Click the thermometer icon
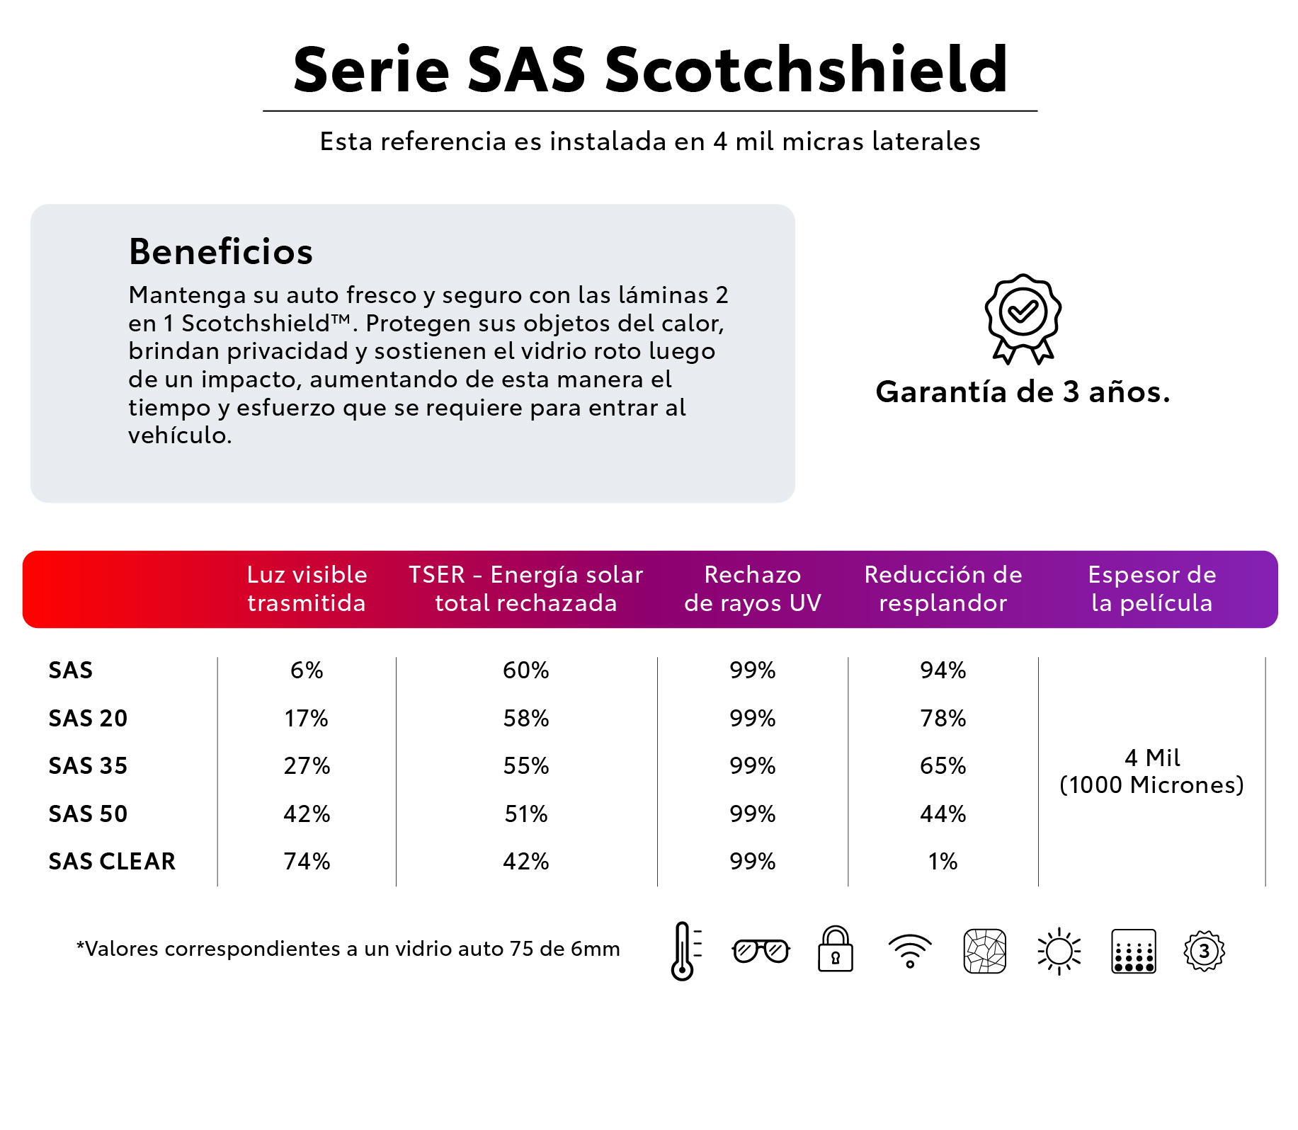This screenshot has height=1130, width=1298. (683, 950)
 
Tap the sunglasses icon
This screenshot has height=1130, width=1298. (761, 950)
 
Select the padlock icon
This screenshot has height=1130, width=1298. (836, 950)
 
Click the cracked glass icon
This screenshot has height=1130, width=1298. (985, 951)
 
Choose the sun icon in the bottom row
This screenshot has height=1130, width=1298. (1059, 951)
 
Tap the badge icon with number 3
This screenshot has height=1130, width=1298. (1204, 951)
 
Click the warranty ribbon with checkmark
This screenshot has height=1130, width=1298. (1023, 318)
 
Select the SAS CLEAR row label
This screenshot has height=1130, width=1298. (112, 861)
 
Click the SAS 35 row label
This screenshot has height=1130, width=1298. (88, 765)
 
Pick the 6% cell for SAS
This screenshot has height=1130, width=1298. (307, 670)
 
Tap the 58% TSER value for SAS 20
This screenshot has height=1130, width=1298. (526, 718)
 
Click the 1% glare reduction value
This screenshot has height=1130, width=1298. (943, 861)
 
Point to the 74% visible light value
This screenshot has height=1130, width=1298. (307, 861)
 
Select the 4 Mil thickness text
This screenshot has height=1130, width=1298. (1152, 758)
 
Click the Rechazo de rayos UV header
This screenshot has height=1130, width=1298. (752, 588)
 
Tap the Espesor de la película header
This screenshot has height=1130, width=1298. (1152, 588)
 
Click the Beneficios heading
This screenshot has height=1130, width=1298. (220, 251)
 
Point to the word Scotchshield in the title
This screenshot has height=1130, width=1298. (806, 69)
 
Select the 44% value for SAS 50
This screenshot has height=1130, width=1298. (943, 814)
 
